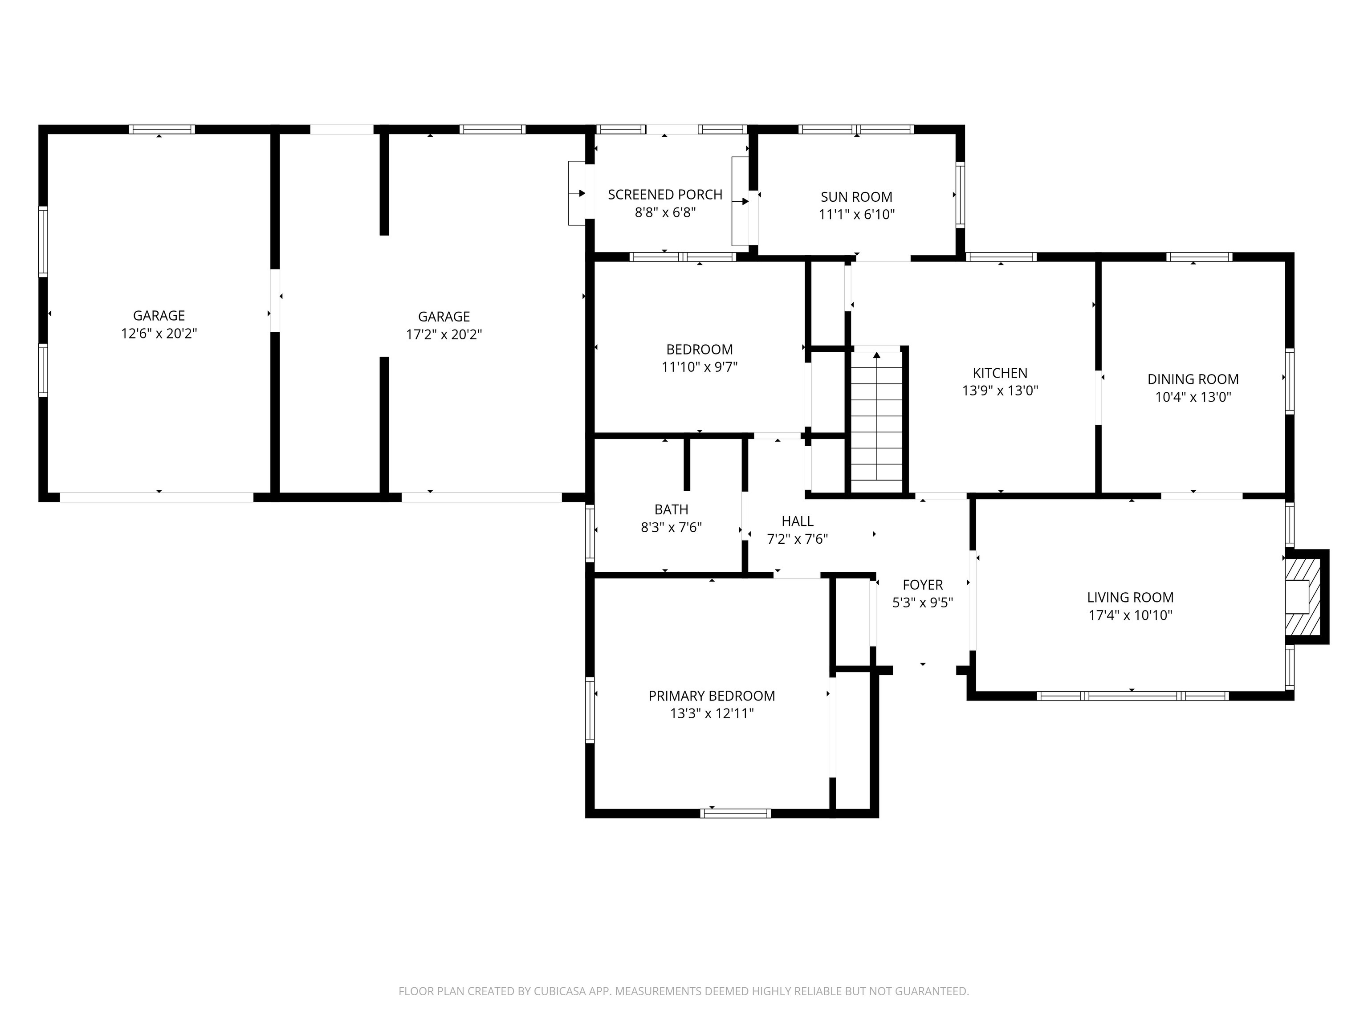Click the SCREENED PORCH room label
tap(665, 195)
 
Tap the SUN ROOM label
tap(856, 197)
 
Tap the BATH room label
tap(671, 509)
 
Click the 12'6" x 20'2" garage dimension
tap(159, 334)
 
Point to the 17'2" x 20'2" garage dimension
tap(444, 334)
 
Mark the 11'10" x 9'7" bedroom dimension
tap(700, 367)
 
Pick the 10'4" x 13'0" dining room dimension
tap(1193, 397)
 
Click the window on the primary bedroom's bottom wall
tap(735, 813)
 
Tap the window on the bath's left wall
tap(590, 533)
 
